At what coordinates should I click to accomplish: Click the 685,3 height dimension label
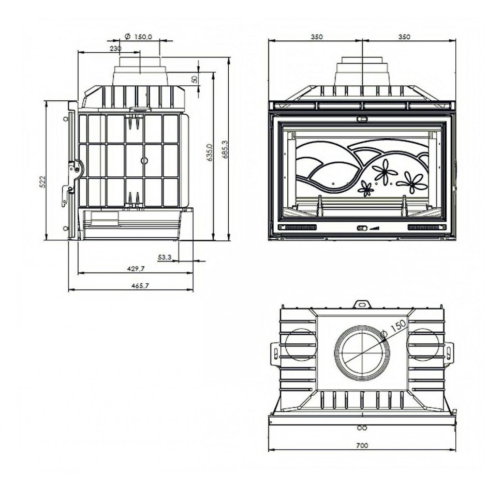pos(225,149)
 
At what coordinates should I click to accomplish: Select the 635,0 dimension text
pos(210,152)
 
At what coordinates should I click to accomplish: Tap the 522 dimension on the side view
pos(43,181)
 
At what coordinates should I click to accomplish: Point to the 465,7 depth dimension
pos(140,286)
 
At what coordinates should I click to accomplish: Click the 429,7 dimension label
pos(136,269)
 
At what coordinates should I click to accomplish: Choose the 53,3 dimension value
pos(165,257)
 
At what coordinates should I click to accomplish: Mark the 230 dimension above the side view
pos(115,49)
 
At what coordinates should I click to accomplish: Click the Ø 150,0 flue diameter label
pos(138,37)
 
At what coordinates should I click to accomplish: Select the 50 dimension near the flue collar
pos(195,79)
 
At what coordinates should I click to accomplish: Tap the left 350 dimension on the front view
pos(317,37)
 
